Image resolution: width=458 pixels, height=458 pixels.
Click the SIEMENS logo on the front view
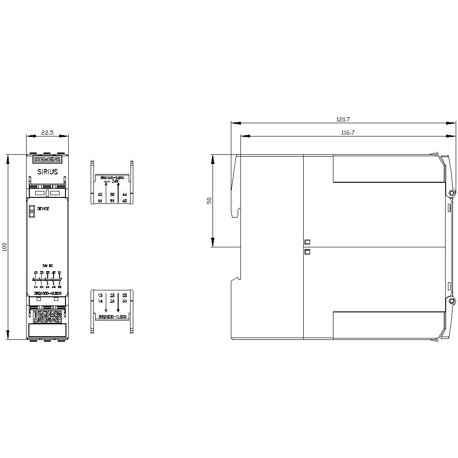[47, 159]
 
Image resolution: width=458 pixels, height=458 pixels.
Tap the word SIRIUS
[47, 172]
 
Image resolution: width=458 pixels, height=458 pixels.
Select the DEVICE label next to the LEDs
[44, 208]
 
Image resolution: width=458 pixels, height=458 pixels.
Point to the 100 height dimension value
[5, 247]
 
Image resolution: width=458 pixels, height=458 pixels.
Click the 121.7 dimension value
[343, 119]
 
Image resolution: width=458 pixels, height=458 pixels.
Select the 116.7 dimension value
[348, 132]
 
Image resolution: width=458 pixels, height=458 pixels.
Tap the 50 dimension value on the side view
[209, 201]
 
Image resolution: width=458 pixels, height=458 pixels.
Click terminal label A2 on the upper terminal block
[100, 194]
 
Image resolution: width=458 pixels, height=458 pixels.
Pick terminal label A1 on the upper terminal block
[100, 201]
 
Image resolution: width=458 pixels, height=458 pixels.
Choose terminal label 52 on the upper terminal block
[112, 194]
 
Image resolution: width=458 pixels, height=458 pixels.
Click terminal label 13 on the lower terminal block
[100, 295]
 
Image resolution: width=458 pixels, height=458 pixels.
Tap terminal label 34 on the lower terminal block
[125, 301]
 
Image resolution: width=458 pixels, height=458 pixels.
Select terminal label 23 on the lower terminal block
[112, 295]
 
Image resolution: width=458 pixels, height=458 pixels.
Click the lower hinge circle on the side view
[452, 301]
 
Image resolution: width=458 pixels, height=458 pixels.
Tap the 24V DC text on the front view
[48, 266]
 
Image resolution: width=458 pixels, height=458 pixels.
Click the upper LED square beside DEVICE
[32, 208]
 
